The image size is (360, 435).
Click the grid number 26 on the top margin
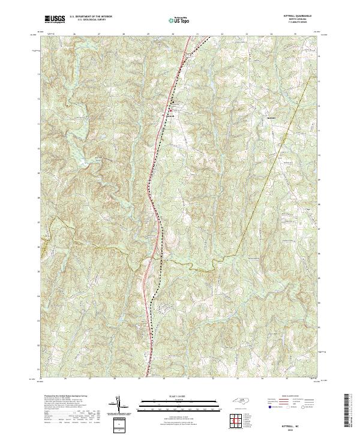tap(74, 34)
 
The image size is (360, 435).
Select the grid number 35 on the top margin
tap(296, 34)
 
